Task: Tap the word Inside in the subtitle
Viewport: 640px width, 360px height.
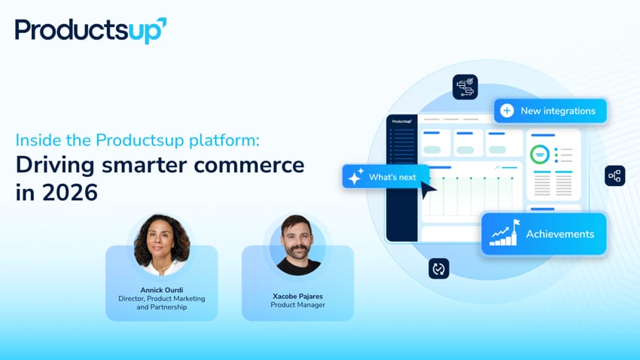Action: pos(36,140)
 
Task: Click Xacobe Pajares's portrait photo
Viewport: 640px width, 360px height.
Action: pos(298,245)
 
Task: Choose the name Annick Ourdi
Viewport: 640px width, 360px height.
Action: pos(161,290)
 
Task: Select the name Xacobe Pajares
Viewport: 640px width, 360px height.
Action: pos(297,296)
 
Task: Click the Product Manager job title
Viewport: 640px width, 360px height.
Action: pos(297,305)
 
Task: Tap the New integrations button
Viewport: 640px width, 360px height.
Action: pos(550,111)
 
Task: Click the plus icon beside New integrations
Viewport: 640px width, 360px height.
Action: pos(507,111)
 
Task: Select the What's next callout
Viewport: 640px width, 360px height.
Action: pos(385,177)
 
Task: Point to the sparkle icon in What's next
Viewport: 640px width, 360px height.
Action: pos(355,177)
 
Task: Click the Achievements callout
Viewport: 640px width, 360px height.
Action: pos(544,234)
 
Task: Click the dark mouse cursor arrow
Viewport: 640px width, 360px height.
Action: pos(428,190)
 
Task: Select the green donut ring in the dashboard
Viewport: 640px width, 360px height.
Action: pos(539,154)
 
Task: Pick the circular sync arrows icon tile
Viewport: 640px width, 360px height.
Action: pos(438,268)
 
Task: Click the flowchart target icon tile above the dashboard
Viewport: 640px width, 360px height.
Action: pos(465,87)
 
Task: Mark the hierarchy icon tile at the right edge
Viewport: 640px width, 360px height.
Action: pos(614,175)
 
